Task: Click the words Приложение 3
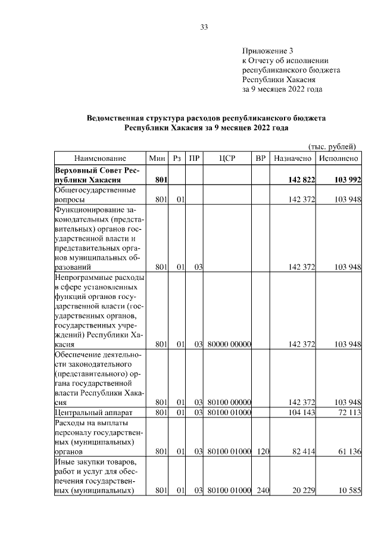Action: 268,51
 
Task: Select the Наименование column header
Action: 100,159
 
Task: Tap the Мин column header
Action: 157,159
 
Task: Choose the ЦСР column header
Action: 229,159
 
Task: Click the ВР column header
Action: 260,159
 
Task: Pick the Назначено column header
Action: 292,159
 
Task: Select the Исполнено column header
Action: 338,159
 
